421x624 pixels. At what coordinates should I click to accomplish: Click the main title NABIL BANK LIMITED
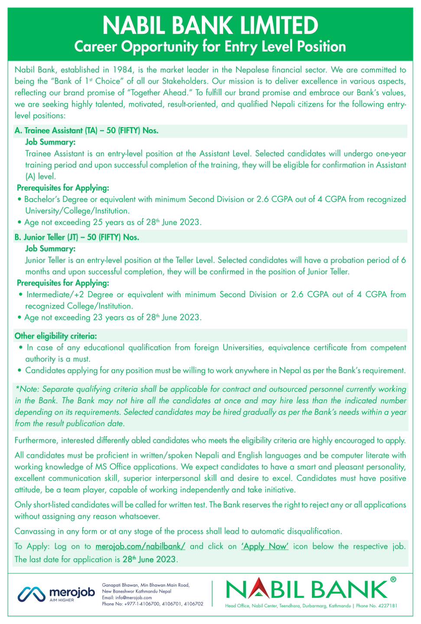pyautogui.click(x=210, y=26)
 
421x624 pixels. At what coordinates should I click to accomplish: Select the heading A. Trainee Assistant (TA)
pyautogui.click(x=86, y=130)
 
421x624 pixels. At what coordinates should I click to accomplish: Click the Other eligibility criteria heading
pyautogui.click(x=56, y=336)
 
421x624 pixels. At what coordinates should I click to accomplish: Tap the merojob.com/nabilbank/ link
pyautogui.click(x=140, y=546)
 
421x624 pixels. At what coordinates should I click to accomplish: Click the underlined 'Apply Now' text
pyautogui.click(x=265, y=546)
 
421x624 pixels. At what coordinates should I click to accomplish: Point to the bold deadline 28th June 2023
pyautogui.click(x=149, y=559)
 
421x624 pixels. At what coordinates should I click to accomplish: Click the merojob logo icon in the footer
pyautogui.click(x=31, y=594)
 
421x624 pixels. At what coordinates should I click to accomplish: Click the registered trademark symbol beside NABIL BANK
pyautogui.click(x=393, y=579)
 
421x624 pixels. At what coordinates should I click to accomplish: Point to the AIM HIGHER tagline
pyautogui.click(x=62, y=600)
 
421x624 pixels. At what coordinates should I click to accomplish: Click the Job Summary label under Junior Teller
pyautogui.click(x=50, y=249)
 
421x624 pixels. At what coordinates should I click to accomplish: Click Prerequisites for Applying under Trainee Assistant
pyautogui.click(x=63, y=188)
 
